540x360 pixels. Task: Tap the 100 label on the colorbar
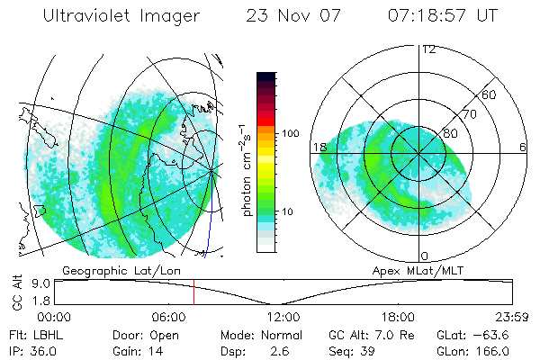click(291, 133)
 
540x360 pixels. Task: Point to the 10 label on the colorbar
click(288, 212)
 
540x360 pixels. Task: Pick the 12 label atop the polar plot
click(428, 49)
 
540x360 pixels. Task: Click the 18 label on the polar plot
click(319, 147)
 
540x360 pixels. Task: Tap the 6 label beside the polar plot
click(523, 147)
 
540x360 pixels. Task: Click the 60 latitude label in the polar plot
click(490, 94)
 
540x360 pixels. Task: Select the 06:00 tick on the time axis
click(168, 316)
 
